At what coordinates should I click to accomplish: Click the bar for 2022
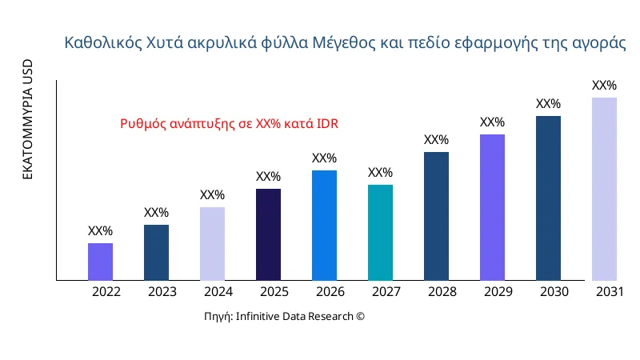[x=100, y=262]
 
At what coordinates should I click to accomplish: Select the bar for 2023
[x=156, y=253]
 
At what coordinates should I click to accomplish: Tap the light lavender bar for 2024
[x=212, y=244]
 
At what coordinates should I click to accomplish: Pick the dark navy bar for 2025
[x=268, y=234]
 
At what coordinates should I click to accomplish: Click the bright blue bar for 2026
[x=324, y=226]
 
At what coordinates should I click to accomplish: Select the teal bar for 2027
[x=380, y=233]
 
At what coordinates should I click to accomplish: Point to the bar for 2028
[x=436, y=216]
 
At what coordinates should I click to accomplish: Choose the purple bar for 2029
[x=492, y=207]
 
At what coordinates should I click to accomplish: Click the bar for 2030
[x=548, y=198]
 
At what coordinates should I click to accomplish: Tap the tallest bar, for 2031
[x=604, y=189]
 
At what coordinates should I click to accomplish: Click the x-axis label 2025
[x=274, y=292]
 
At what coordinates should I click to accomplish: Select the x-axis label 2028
[x=442, y=292]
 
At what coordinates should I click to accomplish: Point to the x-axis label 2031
[x=610, y=292]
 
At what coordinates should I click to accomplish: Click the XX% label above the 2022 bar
[x=100, y=231]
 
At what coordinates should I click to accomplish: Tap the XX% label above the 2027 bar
[x=380, y=173]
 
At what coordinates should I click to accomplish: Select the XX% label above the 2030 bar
[x=548, y=104]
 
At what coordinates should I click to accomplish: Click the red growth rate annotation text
[x=230, y=124]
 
